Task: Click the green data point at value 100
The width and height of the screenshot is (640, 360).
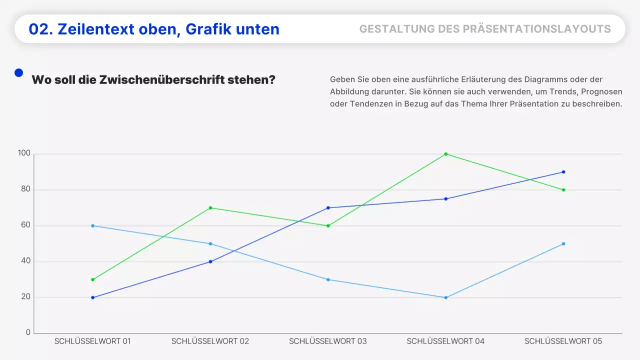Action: tap(445, 154)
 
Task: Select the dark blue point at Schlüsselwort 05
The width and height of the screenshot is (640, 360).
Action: tap(563, 172)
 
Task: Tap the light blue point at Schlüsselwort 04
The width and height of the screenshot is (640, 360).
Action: tap(445, 297)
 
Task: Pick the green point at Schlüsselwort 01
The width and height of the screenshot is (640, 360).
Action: tap(92, 279)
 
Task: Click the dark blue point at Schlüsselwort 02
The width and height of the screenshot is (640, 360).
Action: tap(210, 261)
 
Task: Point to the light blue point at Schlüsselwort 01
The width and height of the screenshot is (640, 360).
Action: tap(92, 225)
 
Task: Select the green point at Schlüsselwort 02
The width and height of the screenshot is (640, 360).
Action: tap(210, 207)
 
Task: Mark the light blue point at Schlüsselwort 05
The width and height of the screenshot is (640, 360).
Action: tap(563, 243)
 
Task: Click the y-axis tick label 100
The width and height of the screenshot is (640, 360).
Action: tap(24, 153)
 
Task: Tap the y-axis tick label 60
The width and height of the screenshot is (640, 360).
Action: tap(25, 225)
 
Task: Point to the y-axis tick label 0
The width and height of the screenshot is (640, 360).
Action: tap(28, 333)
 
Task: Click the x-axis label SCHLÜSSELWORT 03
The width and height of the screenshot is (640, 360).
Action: tap(327, 341)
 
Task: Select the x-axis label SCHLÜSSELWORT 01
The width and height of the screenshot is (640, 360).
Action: tap(92, 341)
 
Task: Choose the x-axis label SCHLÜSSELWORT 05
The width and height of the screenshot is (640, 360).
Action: tap(563, 341)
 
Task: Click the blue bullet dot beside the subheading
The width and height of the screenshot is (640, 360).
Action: tap(19, 73)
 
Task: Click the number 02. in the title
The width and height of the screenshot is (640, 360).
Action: tap(40, 29)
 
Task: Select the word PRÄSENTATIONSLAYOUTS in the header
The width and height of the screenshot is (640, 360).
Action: tap(536, 29)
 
